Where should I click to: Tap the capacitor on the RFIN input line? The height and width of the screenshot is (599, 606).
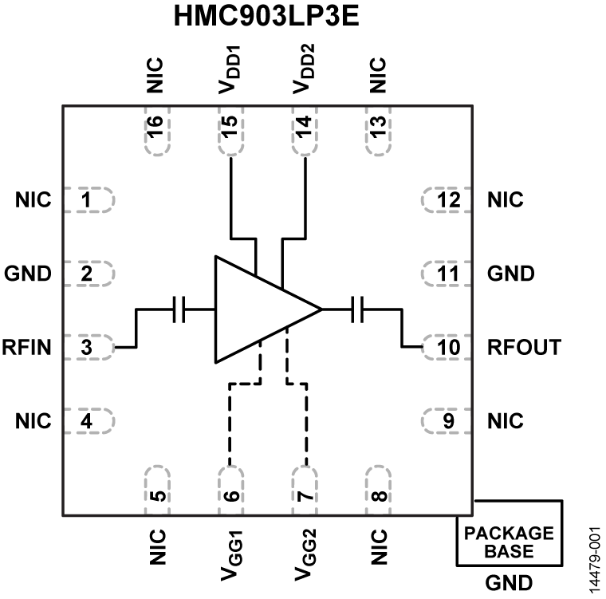point(179,309)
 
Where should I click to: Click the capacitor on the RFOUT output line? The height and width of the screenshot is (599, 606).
point(358,309)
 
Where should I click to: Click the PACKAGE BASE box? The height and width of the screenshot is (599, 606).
point(509,542)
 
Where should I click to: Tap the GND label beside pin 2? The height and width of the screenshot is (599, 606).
point(28,274)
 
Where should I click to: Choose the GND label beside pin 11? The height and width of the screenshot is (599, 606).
point(510,274)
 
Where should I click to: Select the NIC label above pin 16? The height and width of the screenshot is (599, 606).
point(156,74)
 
